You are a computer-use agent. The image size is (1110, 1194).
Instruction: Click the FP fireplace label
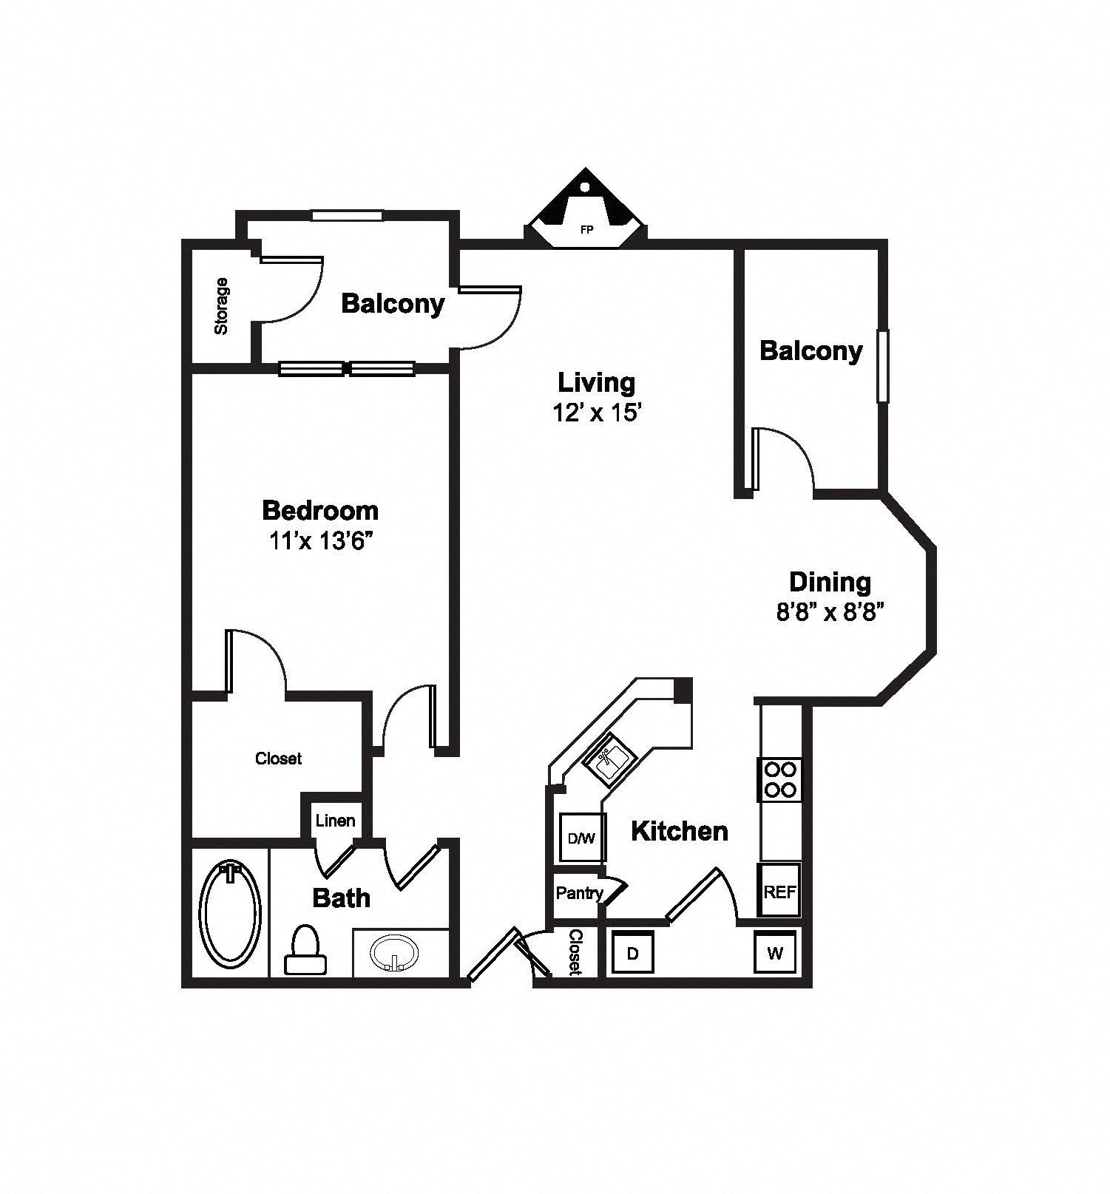click(x=586, y=230)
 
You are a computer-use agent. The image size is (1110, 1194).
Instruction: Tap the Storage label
click(x=220, y=306)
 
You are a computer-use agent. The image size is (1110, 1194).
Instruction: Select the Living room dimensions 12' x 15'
click(x=596, y=413)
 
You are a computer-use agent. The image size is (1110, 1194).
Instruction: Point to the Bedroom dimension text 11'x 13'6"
click(x=319, y=541)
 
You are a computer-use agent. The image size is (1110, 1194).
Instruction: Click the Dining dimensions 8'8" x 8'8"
click(x=830, y=612)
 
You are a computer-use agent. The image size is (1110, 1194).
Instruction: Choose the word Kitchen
click(x=680, y=831)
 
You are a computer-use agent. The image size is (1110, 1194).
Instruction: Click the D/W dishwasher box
click(x=581, y=838)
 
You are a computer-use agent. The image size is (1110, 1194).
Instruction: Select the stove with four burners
click(x=780, y=780)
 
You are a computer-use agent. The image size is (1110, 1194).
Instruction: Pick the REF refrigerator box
click(x=780, y=891)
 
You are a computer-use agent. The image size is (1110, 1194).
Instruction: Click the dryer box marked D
click(x=633, y=953)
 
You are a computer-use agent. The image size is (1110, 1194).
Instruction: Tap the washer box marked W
click(x=774, y=953)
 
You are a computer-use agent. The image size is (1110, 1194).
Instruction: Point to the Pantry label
click(x=580, y=893)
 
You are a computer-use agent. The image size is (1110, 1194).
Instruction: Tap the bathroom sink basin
click(x=393, y=952)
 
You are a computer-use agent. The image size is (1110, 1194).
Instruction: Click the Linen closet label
click(x=335, y=820)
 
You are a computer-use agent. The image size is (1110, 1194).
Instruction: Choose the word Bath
click(x=342, y=898)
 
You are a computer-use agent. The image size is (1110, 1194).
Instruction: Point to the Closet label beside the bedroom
click(x=278, y=758)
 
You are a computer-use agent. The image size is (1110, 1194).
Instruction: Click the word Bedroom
click(x=320, y=510)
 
